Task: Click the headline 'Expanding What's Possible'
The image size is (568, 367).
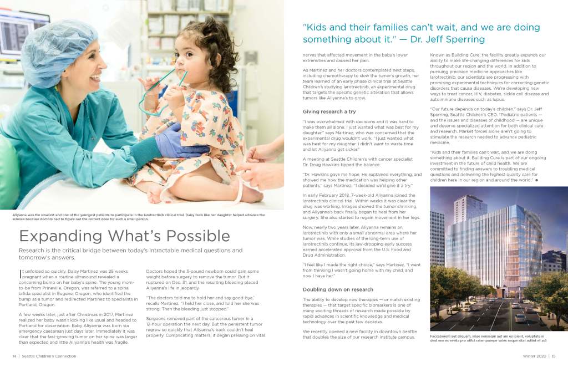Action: [124, 236]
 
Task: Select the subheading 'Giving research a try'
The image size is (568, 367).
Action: [329, 111]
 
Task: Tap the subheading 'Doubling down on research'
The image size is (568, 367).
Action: [338, 289]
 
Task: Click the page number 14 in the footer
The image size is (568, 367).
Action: [14, 356]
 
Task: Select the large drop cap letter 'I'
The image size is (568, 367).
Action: [21, 272]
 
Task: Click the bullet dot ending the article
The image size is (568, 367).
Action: [536, 180]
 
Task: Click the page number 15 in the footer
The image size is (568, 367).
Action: [554, 356]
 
